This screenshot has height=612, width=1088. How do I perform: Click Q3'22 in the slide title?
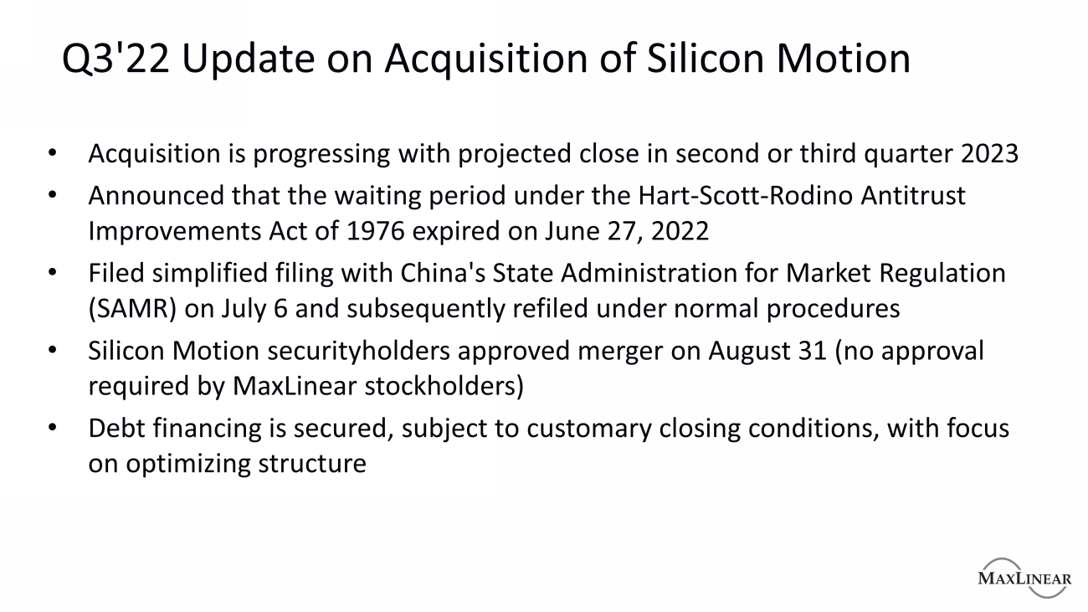115,59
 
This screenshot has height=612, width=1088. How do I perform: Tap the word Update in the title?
249,60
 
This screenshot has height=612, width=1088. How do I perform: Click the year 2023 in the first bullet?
989,153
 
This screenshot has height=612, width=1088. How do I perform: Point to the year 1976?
376,231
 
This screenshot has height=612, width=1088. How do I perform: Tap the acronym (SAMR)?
132,309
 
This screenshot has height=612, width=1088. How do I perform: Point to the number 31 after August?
812,351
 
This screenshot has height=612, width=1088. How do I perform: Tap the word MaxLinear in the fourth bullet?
295,386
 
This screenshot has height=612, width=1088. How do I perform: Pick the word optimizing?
188,465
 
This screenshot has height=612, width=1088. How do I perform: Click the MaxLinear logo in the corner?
1024,578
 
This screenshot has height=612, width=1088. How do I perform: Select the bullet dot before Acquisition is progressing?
53,153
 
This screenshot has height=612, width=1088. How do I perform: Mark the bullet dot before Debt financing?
53,428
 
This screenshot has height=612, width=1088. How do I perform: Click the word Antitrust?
912,196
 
